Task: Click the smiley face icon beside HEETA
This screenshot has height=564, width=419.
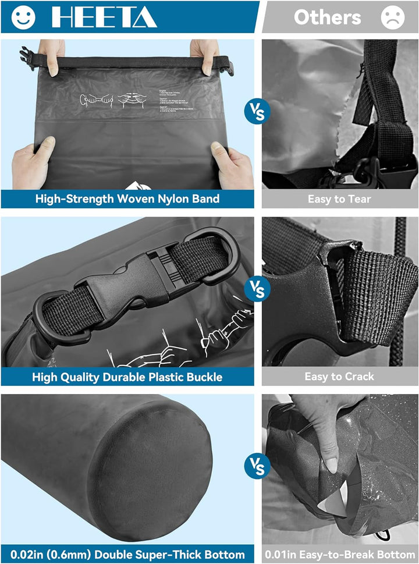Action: coord(23,17)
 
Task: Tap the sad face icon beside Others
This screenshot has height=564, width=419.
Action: coord(393,17)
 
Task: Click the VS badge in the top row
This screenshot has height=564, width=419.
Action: coord(257,110)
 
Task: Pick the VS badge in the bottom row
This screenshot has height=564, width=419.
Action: coord(257,466)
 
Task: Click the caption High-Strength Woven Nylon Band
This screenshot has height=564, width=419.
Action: coord(127,198)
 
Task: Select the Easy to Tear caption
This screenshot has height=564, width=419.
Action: coord(339,198)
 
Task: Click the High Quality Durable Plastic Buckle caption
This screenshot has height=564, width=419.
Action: coord(127,377)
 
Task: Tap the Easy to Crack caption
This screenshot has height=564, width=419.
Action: coord(339,377)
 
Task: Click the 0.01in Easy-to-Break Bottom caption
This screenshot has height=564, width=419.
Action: coord(339,554)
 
